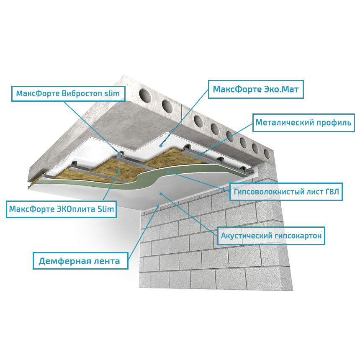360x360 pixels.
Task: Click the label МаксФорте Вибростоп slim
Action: (x=68, y=94)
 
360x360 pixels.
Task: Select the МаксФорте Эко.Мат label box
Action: (x=256, y=89)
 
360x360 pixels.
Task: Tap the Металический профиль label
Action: (x=303, y=123)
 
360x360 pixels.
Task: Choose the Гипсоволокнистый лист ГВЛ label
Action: (x=286, y=192)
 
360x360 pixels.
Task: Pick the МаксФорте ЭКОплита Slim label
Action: (x=61, y=209)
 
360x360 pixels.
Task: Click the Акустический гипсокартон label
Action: (x=271, y=236)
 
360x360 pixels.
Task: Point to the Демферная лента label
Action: (x=80, y=261)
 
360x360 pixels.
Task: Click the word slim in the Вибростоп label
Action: (x=112, y=93)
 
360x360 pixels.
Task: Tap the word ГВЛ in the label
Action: (x=332, y=192)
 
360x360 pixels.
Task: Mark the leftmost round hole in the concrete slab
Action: (x=145, y=95)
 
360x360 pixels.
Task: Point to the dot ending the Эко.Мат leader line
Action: (x=161, y=146)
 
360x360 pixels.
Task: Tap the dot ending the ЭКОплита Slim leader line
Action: (x=119, y=170)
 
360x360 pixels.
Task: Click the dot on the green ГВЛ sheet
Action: (x=168, y=172)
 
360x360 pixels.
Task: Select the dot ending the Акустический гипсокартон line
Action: (x=161, y=194)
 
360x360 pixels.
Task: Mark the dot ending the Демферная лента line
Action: (x=158, y=206)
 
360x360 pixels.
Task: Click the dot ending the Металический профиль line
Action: (x=197, y=157)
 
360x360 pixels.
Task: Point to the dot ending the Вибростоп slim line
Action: (x=120, y=153)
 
